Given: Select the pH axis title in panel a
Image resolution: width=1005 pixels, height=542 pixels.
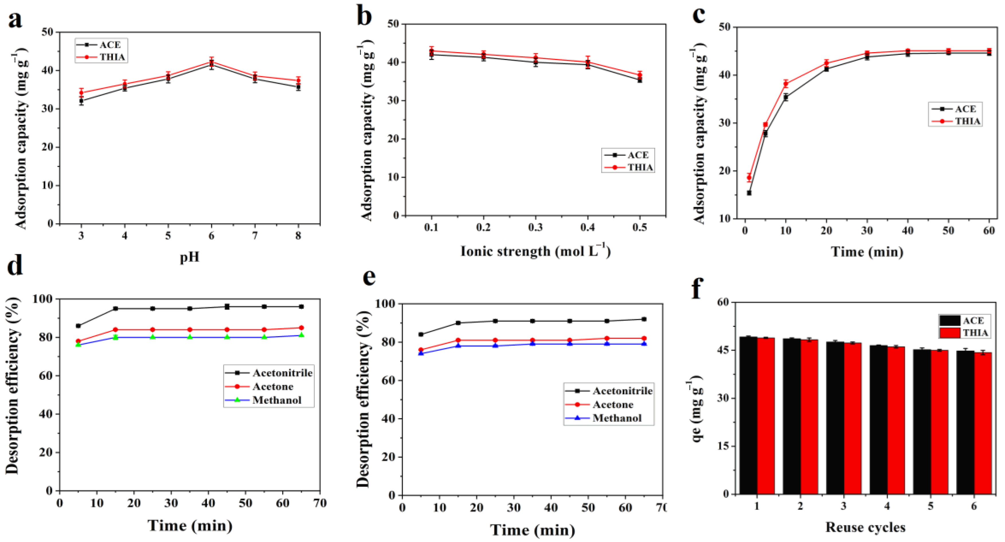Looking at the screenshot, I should pyautogui.click(x=189, y=257).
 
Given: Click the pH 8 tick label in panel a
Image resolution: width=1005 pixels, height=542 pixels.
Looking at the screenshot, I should pyautogui.click(x=298, y=236).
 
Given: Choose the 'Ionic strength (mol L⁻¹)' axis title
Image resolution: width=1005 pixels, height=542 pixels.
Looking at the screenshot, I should pyautogui.click(x=535, y=251).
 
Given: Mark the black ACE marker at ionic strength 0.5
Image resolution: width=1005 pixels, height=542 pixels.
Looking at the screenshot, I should pyautogui.click(x=640, y=80).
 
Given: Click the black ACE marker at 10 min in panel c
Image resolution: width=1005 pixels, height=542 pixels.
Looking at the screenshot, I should pyautogui.click(x=786, y=97).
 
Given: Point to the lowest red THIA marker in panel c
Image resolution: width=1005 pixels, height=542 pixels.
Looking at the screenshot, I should pyautogui.click(x=749, y=177).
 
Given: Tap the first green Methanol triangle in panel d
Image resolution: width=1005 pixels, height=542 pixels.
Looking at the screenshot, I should pyautogui.click(x=79, y=344).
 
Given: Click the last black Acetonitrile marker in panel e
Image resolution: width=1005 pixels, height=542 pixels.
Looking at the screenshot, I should pyautogui.click(x=644, y=319).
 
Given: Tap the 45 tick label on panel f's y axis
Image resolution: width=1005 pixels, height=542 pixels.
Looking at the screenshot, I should pyautogui.click(x=724, y=351).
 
